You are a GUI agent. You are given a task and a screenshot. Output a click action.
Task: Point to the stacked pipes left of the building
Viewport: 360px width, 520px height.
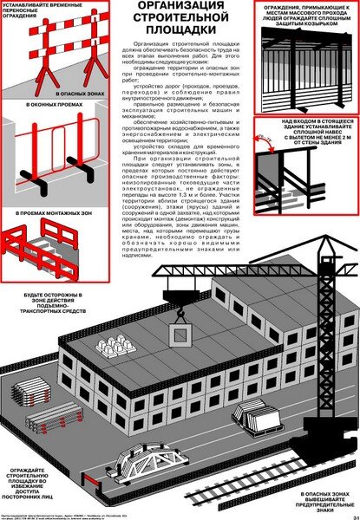coord(43,417)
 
